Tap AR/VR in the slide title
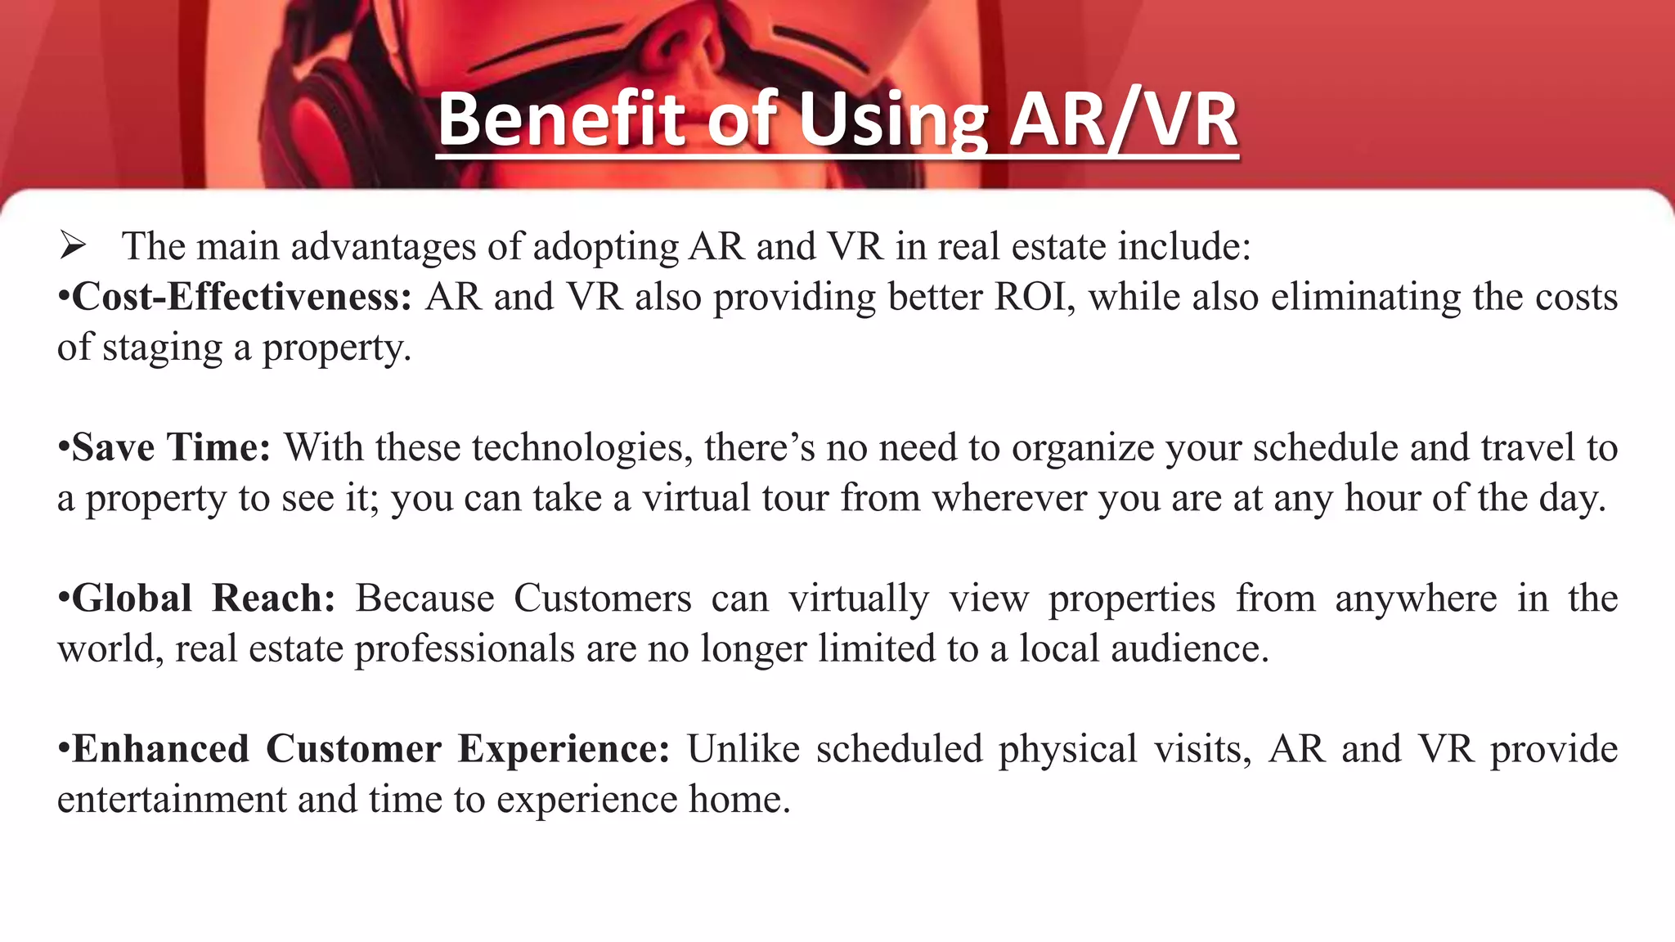[x=1123, y=120]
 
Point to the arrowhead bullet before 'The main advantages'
[x=73, y=245]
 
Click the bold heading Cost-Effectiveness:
[x=242, y=296]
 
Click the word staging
[x=162, y=348]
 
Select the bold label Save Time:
[x=171, y=447]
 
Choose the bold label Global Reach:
[x=204, y=599]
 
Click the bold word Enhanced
[x=160, y=749]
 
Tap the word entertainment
[x=171, y=800]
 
